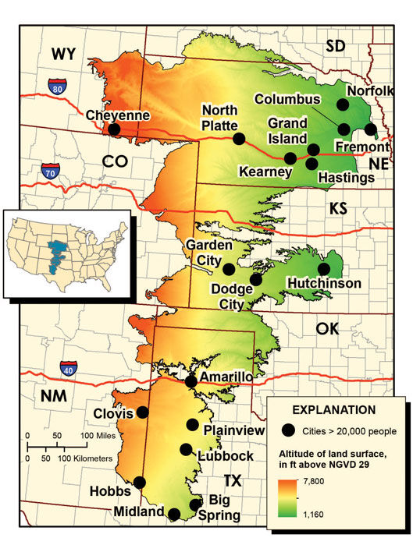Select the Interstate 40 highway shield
(x=69, y=368)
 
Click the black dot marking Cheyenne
(x=115, y=129)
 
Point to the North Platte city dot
(x=238, y=139)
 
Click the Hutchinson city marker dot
(x=324, y=269)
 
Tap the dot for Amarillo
(x=191, y=381)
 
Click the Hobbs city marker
(x=140, y=483)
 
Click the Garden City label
(x=208, y=251)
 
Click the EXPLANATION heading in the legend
(x=333, y=409)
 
